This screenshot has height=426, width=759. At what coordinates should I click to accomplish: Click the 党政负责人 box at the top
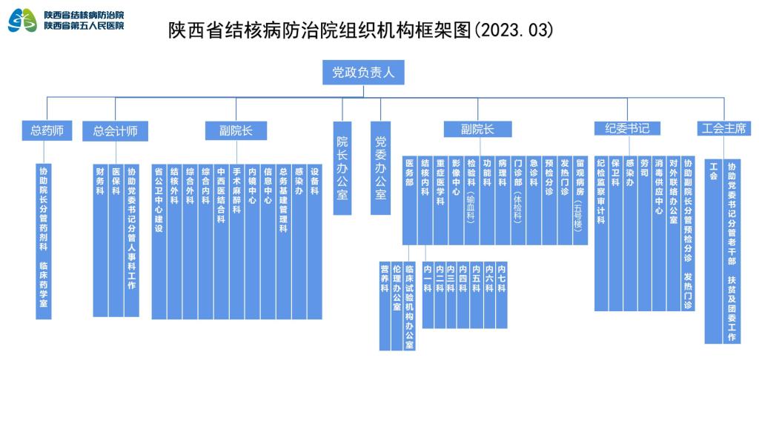(x=362, y=73)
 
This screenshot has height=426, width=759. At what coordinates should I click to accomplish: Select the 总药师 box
(x=47, y=131)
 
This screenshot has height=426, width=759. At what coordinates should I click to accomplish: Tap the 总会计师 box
(x=115, y=131)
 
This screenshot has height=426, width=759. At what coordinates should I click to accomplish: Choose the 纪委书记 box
(x=627, y=129)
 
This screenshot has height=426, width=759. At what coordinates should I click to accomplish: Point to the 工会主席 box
(x=724, y=129)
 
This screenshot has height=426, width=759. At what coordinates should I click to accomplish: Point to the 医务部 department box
(x=410, y=200)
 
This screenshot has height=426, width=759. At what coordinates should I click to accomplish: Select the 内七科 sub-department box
(x=502, y=295)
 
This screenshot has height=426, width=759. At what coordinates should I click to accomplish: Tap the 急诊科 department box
(x=534, y=200)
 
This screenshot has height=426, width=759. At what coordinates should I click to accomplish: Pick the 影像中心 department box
(x=456, y=200)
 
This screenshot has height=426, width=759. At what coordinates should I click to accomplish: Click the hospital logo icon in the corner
(x=22, y=20)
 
